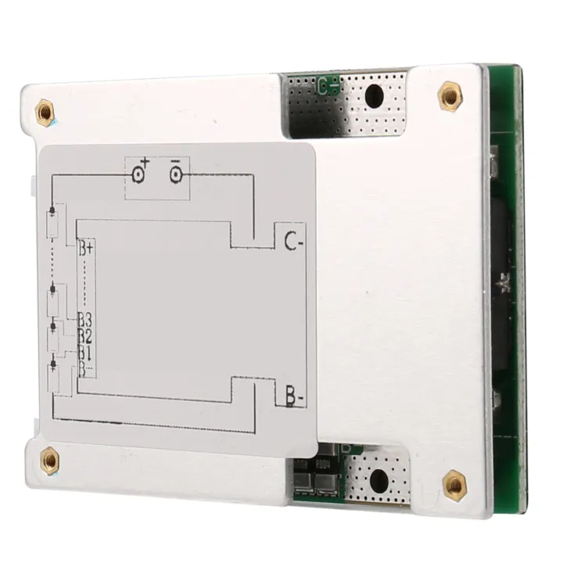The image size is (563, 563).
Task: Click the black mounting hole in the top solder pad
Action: coord(375,96)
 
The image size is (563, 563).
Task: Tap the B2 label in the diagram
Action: coord(85,335)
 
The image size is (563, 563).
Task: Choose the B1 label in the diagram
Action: coord(85,352)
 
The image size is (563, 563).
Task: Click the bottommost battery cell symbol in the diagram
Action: coord(52,373)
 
